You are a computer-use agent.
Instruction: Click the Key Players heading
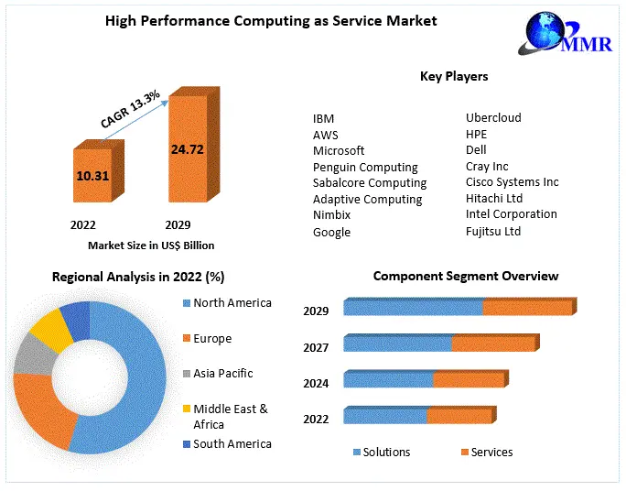pyautogui.click(x=453, y=76)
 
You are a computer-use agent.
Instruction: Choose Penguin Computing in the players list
pyautogui.click(x=365, y=167)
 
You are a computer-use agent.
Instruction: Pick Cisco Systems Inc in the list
pyautogui.click(x=512, y=181)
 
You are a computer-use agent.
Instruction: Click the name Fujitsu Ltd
pyautogui.click(x=492, y=231)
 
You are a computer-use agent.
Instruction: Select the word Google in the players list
pyautogui.click(x=331, y=232)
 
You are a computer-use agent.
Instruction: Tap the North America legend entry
pyautogui.click(x=232, y=303)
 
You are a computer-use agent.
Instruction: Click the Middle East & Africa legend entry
pyautogui.click(x=230, y=416)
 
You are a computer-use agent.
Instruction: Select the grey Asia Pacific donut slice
pyautogui.click(x=33, y=355)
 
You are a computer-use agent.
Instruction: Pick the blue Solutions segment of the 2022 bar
pyautogui.click(x=385, y=416)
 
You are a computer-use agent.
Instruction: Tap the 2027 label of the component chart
pyautogui.click(x=316, y=347)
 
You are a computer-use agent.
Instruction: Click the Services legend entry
pyautogui.click(x=491, y=452)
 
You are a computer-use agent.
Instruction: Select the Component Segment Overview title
pyautogui.click(x=465, y=276)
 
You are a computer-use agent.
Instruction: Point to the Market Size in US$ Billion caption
pyautogui.click(x=151, y=245)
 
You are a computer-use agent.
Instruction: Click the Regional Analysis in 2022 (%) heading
pyautogui.click(x=138, y=276)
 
